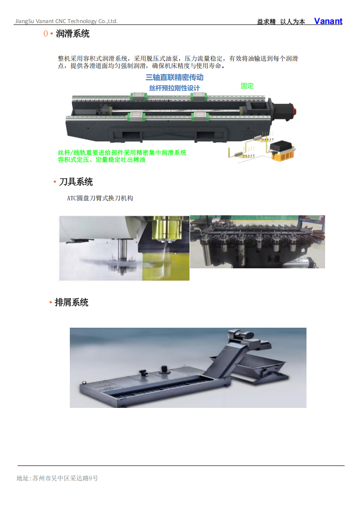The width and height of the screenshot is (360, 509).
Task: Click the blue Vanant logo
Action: tap(328, 21)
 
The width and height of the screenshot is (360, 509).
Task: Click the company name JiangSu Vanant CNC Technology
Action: tap(56, 21)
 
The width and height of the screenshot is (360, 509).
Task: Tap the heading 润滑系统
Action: tap(73, 34)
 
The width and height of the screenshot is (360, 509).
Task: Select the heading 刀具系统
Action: tap(76, 182)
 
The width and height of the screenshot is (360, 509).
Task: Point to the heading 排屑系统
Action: tap(72, 302)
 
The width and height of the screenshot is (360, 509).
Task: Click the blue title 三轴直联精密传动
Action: tap(175, 77)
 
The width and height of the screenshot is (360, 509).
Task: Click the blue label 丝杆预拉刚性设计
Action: tap(175, 88)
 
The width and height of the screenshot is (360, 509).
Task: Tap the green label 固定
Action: tap(247, 86)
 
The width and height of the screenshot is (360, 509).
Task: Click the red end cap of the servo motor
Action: tap(294, 110)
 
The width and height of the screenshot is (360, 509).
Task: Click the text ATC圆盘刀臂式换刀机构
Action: tap(100, 198)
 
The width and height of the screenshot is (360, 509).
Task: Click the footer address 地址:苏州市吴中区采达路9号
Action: tap(58, 478)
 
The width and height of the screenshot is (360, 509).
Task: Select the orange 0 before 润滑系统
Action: tap(46, 34)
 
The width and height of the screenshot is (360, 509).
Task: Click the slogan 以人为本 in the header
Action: tap(293, 22)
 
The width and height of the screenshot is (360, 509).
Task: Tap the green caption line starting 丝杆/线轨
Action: tap(122, 153)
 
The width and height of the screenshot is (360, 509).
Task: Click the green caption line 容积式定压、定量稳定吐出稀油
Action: tap(102, 160)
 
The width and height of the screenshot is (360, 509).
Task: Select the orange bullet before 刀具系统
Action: tap(55, 182)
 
